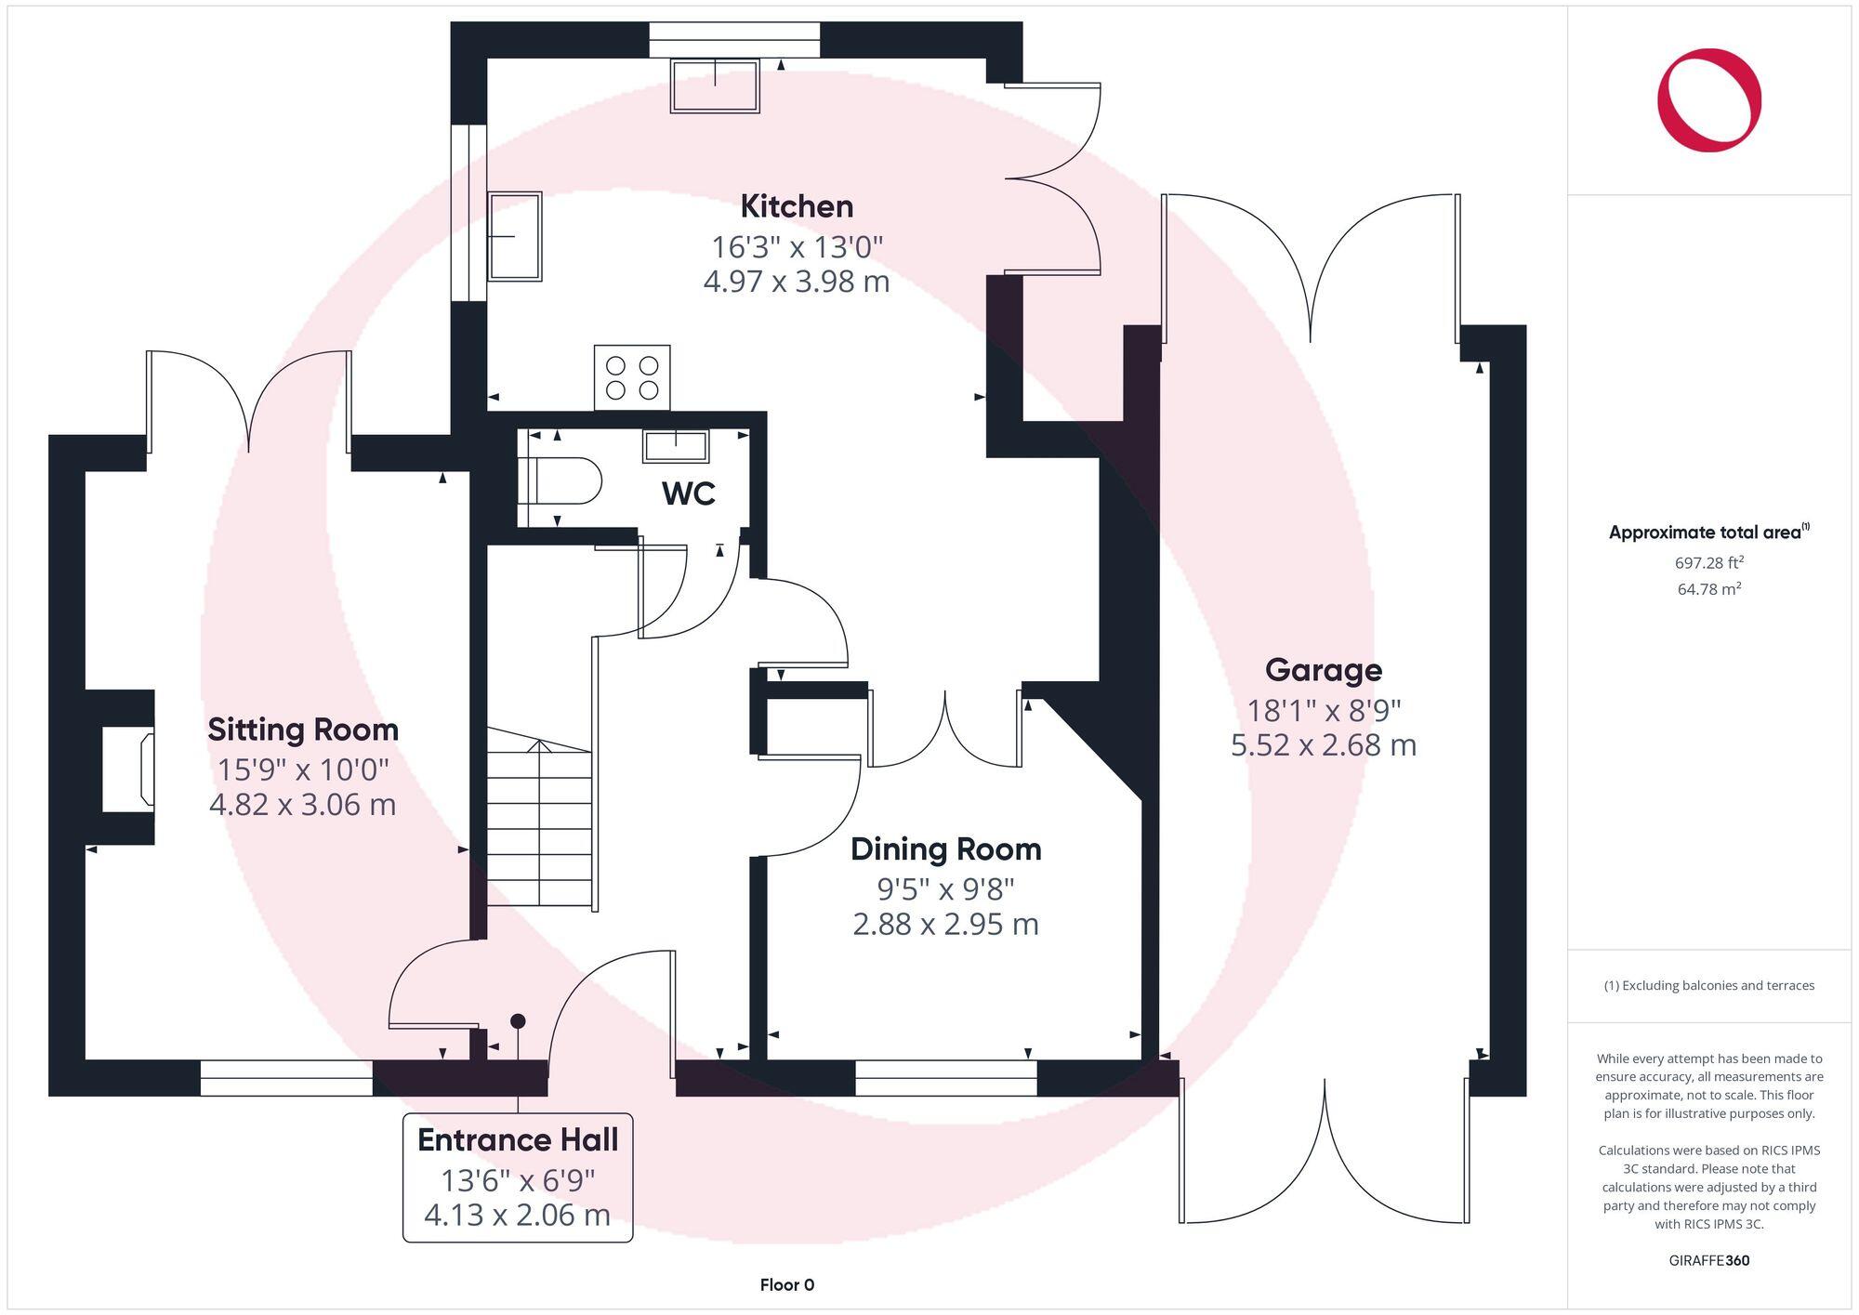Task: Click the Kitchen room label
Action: (x=797, y=206)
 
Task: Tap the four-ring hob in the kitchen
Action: (x=632, y=377)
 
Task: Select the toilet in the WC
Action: (x=561, y=481)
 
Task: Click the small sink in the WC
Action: (x=676, y=446)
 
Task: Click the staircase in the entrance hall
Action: (x=539, y=818)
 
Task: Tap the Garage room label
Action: (x=1323, y=670)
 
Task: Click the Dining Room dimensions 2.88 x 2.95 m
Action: (x=945, y=925)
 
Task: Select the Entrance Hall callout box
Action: (x=518, y=1177)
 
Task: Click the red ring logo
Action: (x=1708, y=100)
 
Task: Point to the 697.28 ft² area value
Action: (x=1708, y=562)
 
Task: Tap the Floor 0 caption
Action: (x=786, y=1285)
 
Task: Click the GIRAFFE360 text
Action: (x=1708, y=1261)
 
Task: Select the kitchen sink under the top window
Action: (x=715, y=85)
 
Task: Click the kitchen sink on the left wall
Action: (x=514, y=236)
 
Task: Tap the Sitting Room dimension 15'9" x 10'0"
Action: (x=303, y=769)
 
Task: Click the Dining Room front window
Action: (x=945, y=1078)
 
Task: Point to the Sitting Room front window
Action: (x=286, y=1078)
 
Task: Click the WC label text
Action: (x=688, y=493)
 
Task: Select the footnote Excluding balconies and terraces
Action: (x=1708, y=986)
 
